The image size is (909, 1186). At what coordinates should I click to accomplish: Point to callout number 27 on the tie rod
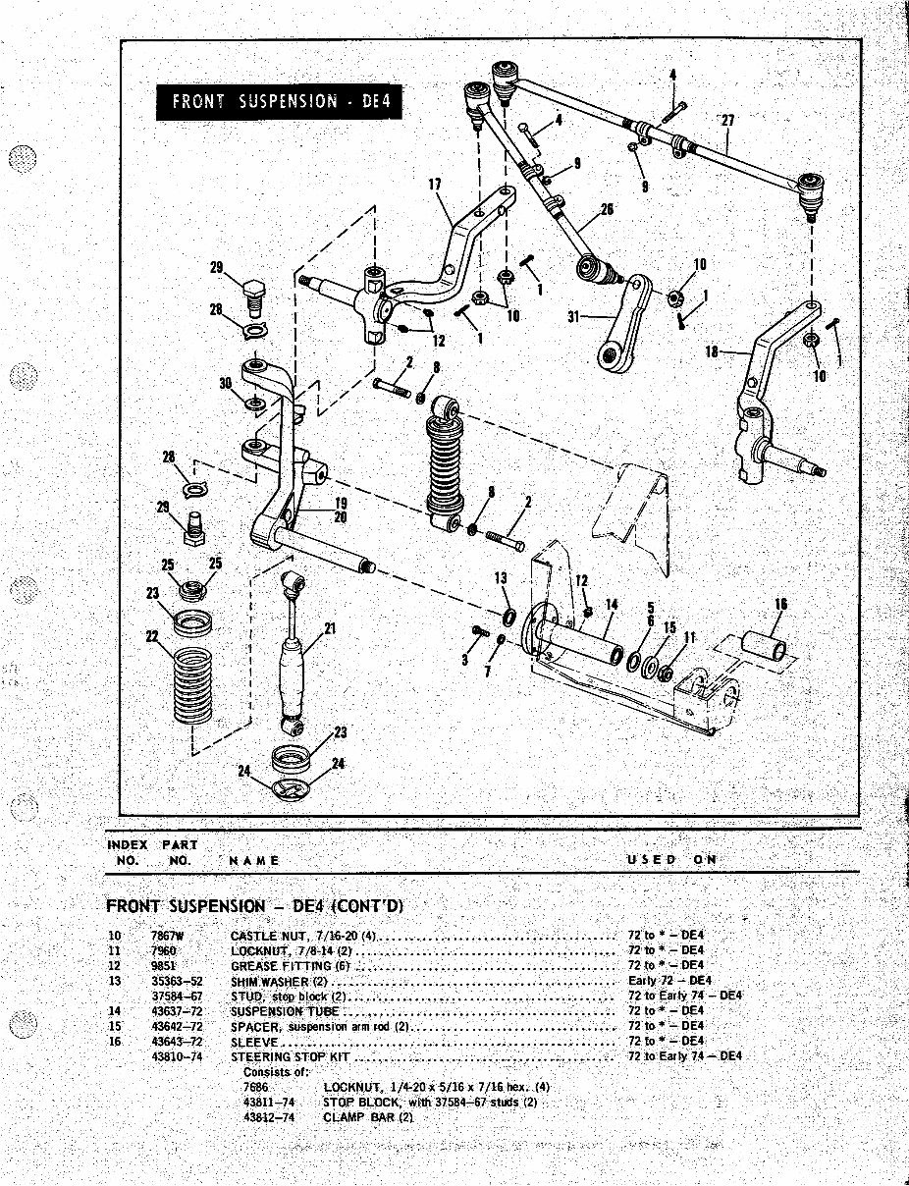tap(727, 121)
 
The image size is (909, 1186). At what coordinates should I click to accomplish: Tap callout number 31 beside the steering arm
tap(575, 316)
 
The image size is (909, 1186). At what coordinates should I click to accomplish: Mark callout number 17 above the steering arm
tap(435, 184)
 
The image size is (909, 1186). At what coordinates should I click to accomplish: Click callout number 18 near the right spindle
tap(714, 350)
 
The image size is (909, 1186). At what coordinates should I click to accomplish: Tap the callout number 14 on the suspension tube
tap(611, 605)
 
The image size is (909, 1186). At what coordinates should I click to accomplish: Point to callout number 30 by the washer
tap(226, 384)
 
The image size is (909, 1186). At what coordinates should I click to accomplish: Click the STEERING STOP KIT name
tap(290, 1056)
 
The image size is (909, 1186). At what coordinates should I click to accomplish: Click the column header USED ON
tap(671, 859)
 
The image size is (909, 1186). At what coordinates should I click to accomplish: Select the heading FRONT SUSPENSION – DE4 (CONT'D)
tap(254, 905)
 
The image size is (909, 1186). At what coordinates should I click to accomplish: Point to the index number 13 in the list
tap(114, 981)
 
